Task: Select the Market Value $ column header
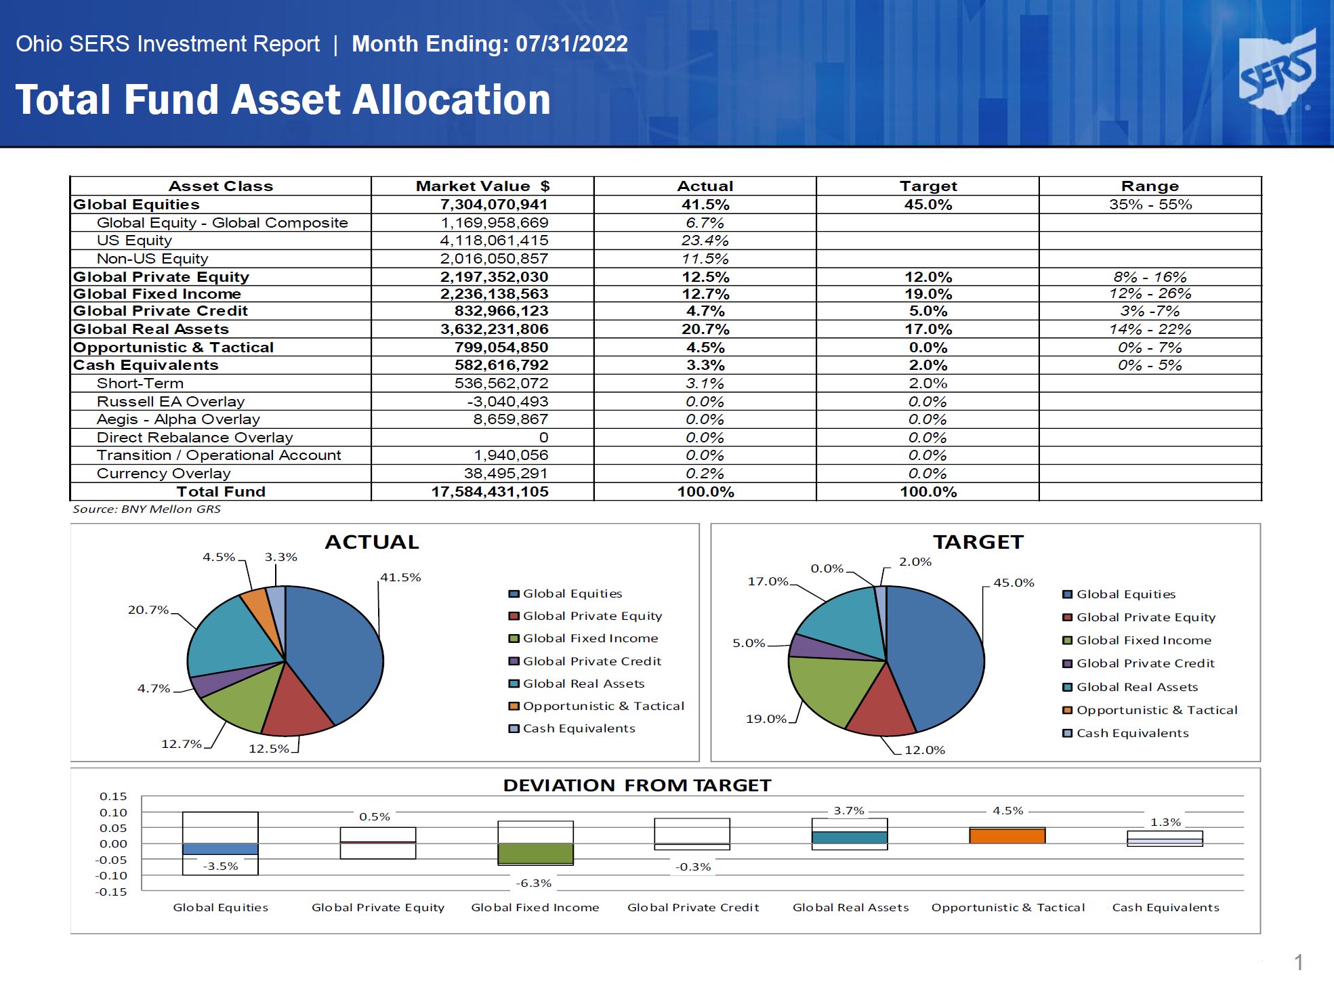click(x=482, y=186)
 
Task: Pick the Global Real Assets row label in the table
click(x=151, y=329)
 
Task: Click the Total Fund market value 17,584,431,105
click(x=490, y=492)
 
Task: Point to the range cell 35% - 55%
click(x=1150, y=205)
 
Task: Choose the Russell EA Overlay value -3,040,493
click(x=507, y=402)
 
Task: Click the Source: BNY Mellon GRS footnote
click(x=146, y=509)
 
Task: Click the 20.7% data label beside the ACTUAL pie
click(x=148, y=610)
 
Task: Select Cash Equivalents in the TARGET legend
click(x=1125, y=733)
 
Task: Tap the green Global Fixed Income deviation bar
click(x=535, y=853)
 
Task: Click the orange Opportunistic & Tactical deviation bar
click(x=1007, y=835)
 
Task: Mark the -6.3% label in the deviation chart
click(x=534, y=883)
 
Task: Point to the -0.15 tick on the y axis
click(x=111, y=892)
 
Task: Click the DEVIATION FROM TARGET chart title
click(x=637, y=785)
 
